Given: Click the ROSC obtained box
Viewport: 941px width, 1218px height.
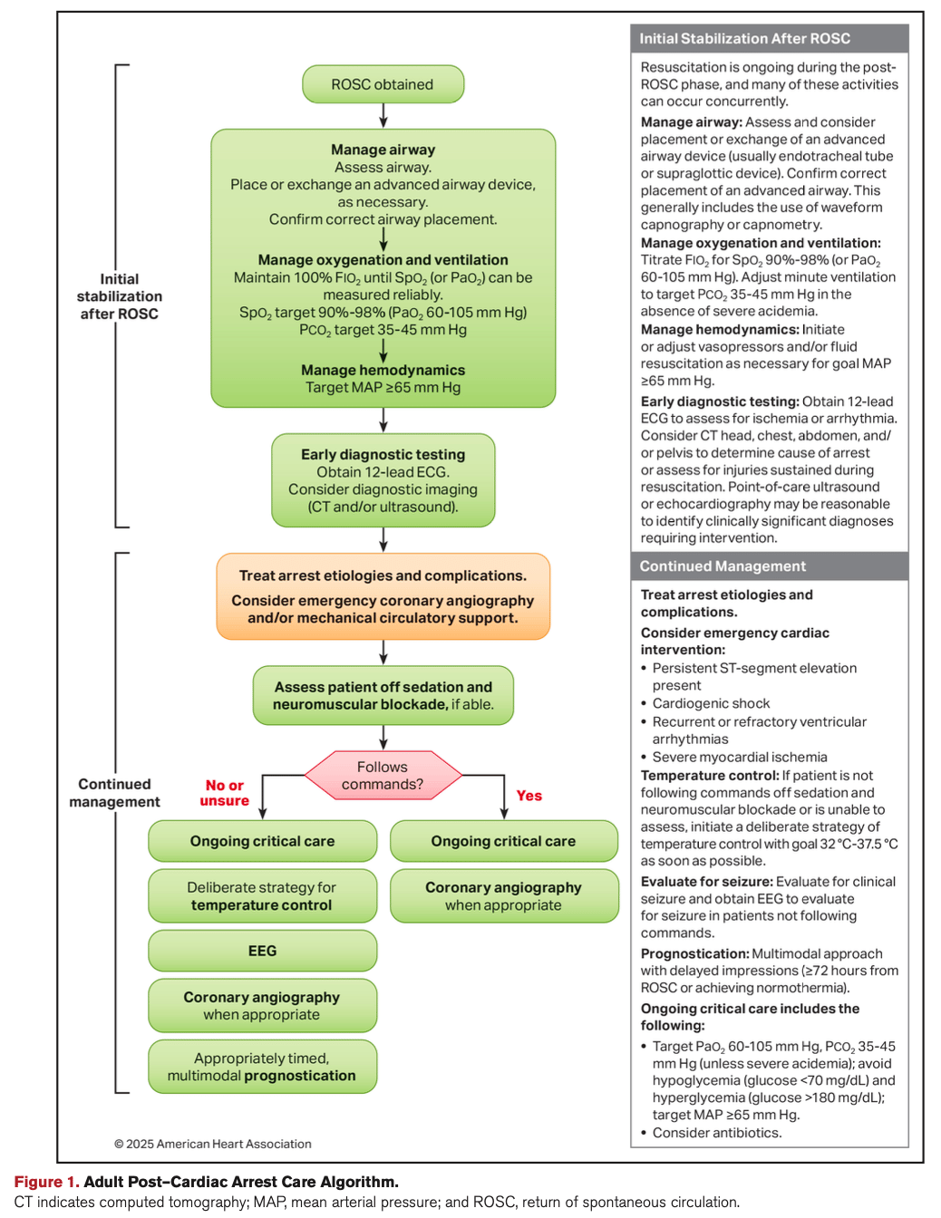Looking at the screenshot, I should coord(383,84).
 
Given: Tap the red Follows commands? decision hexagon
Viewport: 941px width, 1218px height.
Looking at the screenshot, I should coord(383,776).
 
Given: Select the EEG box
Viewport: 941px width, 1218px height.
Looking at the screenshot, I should coord(262,951).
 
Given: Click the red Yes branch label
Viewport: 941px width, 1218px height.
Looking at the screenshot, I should coord(529,796).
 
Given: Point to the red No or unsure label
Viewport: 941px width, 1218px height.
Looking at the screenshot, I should coord(225,793).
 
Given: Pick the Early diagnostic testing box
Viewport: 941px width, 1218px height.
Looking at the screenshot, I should coord(383,480).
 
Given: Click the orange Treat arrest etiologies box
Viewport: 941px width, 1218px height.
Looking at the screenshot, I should coord(383,596).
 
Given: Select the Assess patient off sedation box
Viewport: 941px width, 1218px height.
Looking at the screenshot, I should coord(383,695).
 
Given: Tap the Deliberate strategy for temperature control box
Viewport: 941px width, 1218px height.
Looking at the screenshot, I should coord(262,896).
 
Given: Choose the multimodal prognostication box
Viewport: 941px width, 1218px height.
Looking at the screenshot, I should coord(262,1067).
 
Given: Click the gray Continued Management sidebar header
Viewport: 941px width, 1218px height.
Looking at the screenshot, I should coord(769,566).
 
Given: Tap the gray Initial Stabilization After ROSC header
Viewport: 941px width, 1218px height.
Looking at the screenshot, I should coord(769,39).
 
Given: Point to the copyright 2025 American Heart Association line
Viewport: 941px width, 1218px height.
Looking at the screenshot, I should coord(213,1144).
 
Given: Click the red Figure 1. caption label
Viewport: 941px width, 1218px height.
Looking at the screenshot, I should coord(46,1182).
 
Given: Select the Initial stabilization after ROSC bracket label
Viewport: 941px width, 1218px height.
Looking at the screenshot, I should coord(119,296).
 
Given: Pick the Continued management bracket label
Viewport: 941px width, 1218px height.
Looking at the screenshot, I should coord(114,793).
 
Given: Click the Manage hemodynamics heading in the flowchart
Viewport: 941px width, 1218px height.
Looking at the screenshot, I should coord(383,370).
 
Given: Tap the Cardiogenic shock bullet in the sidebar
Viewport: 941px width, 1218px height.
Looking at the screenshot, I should coord(711,703).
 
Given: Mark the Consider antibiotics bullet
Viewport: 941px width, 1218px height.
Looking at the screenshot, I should coord(716,1133).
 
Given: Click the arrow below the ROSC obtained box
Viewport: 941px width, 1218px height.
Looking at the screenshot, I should coord(383,115).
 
